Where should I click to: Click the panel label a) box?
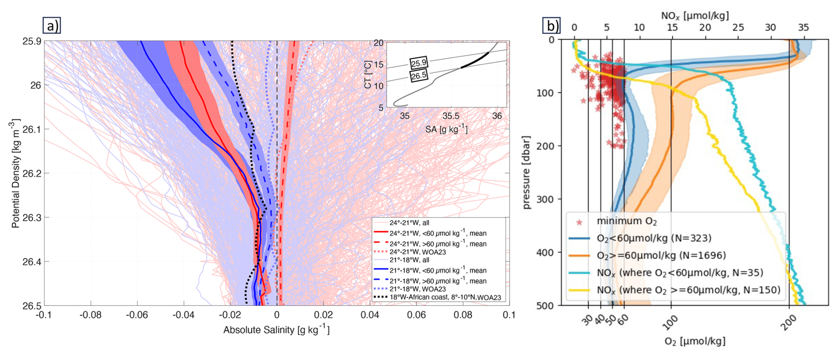(x=51, y=26)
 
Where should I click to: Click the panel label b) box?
(x=552, y=26)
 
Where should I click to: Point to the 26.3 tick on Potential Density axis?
(x=31, y=218)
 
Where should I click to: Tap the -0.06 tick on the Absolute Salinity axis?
(x=137, y=315)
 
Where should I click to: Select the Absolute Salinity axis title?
(x=276, y=329)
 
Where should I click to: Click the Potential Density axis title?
(x=15, y=173)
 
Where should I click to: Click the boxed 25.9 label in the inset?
(x=418, y=63)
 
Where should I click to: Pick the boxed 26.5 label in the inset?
(x=418, y=75)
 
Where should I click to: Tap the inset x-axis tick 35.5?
(x=451, y=116)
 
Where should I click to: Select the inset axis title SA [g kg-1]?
(x=446, y=129)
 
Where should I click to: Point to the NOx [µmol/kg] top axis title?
(x=694, y=16)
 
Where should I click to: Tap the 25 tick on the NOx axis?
(x=738, y=28)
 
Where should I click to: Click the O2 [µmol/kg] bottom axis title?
(x=694, y=341)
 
